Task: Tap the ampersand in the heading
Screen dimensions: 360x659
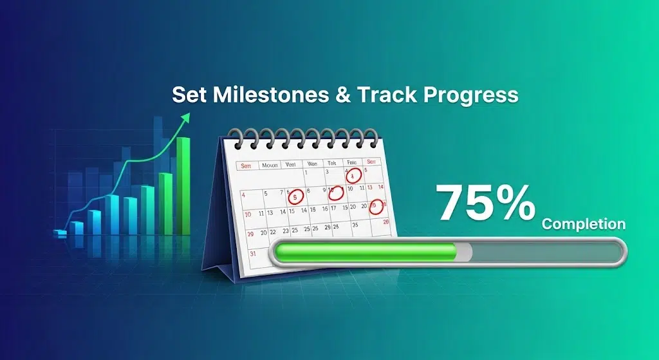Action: click(x=342, y=95)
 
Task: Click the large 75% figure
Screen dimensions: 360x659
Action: click(x=486, y=202)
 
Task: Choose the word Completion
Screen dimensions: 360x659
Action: click(x=583, y=225)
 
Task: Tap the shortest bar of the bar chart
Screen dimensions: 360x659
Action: click(x=61, y=233)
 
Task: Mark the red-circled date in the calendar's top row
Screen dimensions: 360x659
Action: click(x=353, y=175)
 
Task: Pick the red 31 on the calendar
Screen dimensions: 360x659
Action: click(x=253, y=253)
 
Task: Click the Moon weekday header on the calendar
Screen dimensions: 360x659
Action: click(x=269, y=165)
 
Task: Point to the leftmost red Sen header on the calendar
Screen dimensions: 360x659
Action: click(x=245, y=166)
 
